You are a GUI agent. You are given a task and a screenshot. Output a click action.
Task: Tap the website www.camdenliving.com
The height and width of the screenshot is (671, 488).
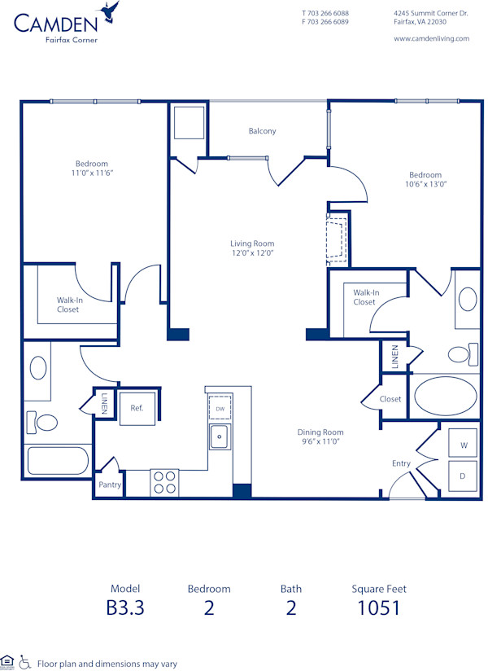click(425, 38)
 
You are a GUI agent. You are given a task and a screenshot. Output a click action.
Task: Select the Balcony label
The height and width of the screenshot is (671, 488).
click(262, 131)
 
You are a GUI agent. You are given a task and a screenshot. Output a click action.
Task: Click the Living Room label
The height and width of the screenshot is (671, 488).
click(251, 243)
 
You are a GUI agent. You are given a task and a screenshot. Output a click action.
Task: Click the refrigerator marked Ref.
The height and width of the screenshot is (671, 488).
click(137, 408)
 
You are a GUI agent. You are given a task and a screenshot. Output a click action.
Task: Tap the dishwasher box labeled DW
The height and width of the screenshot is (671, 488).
click(220, 409)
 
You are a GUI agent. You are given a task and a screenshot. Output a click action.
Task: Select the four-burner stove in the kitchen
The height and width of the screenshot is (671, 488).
click(164, 483)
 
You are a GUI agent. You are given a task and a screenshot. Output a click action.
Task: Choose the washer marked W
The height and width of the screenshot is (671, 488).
click(464, 445)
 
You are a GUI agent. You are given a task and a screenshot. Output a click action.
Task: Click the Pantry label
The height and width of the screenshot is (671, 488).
click(110, 485)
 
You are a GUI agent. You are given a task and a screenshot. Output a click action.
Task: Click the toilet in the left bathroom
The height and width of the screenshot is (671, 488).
click(45, 423)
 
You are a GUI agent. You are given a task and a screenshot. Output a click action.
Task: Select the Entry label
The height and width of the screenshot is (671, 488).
click(401, 464)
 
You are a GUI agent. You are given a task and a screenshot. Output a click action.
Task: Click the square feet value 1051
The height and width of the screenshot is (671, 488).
click(378, 607)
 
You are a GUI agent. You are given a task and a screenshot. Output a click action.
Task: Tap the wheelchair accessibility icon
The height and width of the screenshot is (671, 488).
click(24, 662)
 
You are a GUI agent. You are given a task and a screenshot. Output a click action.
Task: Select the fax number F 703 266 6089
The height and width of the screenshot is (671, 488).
click(325, 22)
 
